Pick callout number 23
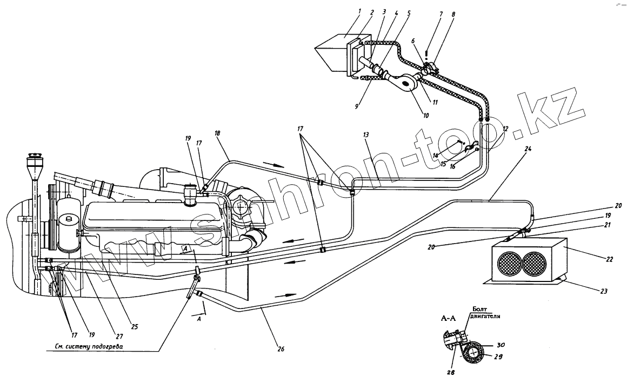click(603, 291)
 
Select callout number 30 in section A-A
click(501, 345)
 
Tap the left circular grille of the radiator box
click(509, 265)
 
